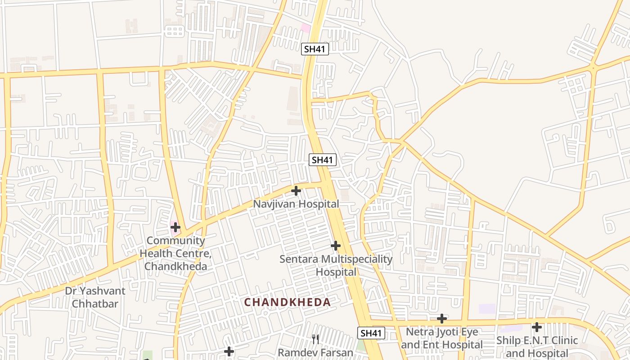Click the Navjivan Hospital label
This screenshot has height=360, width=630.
296,204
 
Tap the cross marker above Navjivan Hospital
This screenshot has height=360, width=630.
296,191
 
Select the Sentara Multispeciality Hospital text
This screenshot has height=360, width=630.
336,265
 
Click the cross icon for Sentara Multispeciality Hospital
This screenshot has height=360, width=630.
335,246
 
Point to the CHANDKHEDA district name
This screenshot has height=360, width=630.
287,302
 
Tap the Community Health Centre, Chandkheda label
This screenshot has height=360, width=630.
175,253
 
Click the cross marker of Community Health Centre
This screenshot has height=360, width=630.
175,228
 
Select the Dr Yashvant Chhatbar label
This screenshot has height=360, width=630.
95,297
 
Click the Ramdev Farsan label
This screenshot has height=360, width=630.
315,352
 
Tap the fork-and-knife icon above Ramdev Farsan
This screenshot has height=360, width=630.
315,339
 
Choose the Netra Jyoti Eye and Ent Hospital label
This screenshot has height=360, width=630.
441,338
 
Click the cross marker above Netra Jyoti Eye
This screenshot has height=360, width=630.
442,319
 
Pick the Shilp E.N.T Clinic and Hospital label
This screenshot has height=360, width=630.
536,346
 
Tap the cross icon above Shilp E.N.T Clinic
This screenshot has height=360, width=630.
536,327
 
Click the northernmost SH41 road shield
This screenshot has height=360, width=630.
315,49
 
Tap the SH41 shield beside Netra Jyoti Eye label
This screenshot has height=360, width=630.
372,333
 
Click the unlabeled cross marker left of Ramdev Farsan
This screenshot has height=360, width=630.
229,351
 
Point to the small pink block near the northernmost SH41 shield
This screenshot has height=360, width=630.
306,28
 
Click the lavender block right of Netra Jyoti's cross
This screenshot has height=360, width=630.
487,309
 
